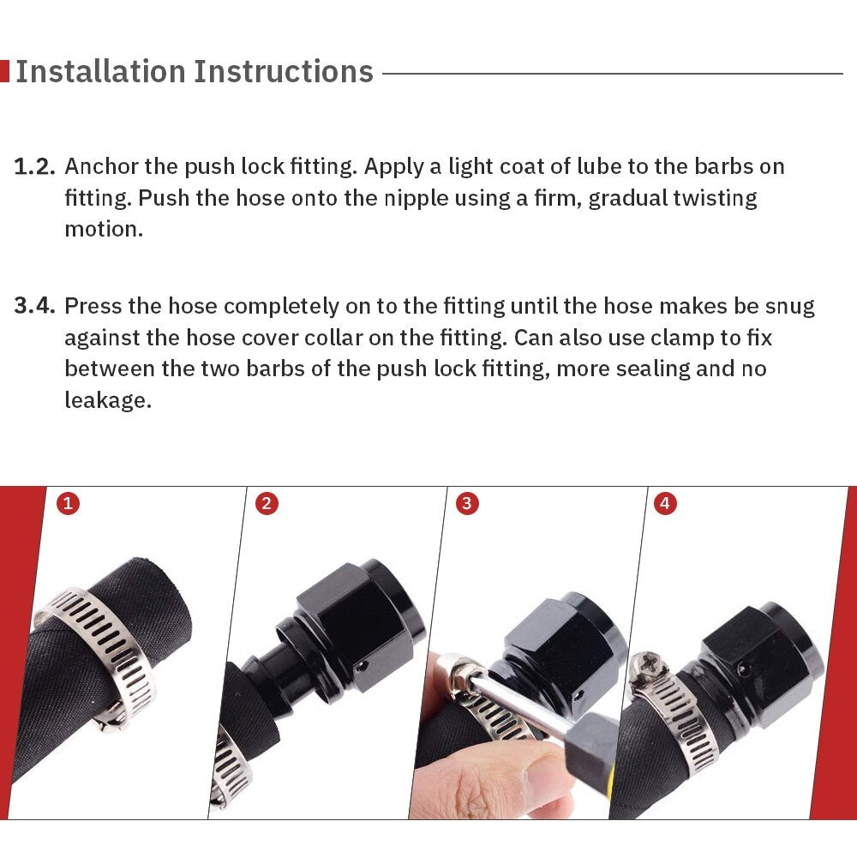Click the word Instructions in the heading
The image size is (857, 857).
[x=284, y=71]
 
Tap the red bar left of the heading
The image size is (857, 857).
[x=4, y=71]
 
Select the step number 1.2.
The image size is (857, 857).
[x=35, y=166]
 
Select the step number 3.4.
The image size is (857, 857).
[x=35, y=306]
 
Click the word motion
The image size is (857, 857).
[x=103, y=230]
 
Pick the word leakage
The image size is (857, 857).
[x=108, y=400]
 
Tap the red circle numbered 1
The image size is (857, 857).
[x=68, y=504]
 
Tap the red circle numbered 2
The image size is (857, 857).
[x=267, y=504]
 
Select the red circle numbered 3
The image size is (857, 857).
[x=466, y=504]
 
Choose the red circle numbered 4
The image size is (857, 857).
[x=665, y=504]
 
